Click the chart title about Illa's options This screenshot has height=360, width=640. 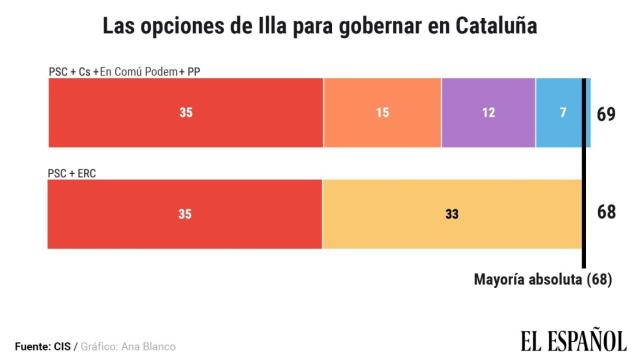[319, 25]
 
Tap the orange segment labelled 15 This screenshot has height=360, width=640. [382, 112]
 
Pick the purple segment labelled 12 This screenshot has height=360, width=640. [488, 112]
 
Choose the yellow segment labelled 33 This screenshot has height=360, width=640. [452, 213]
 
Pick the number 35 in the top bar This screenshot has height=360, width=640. [186, 113]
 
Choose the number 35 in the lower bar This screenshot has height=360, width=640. [186, 214]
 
